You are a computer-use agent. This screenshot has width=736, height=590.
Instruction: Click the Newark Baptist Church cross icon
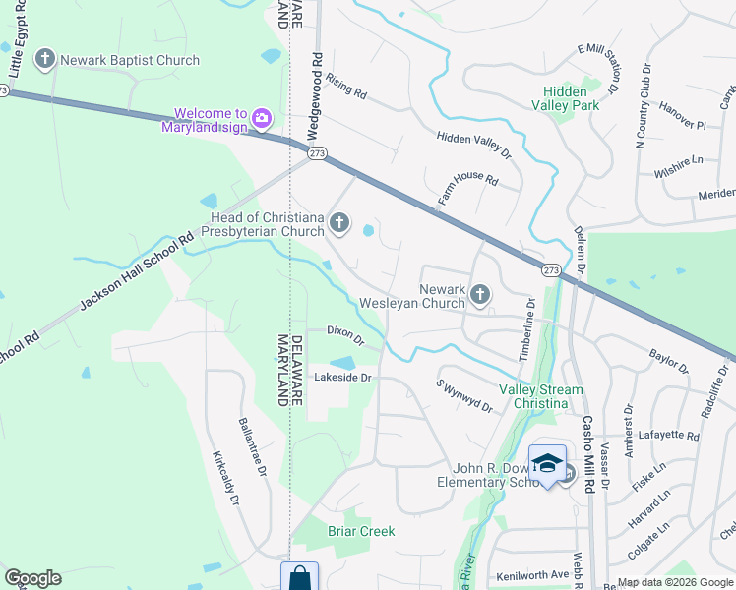coord(44,60)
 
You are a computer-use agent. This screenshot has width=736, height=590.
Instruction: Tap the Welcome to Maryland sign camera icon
coord(261,120)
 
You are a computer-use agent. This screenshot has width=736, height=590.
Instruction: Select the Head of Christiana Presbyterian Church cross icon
coord(339,223)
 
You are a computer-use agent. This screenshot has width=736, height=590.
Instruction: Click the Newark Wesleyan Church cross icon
coord(480,294)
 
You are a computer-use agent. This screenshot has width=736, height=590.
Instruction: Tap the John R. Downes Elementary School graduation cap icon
coord(547,463)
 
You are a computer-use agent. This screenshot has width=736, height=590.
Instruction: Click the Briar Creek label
coord(361,531)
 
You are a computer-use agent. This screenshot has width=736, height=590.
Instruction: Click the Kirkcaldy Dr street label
coord(226,479)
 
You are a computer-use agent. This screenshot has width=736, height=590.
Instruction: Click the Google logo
coord(32,578)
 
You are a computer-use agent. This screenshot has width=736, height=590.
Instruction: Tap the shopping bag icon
coord(299,578)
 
